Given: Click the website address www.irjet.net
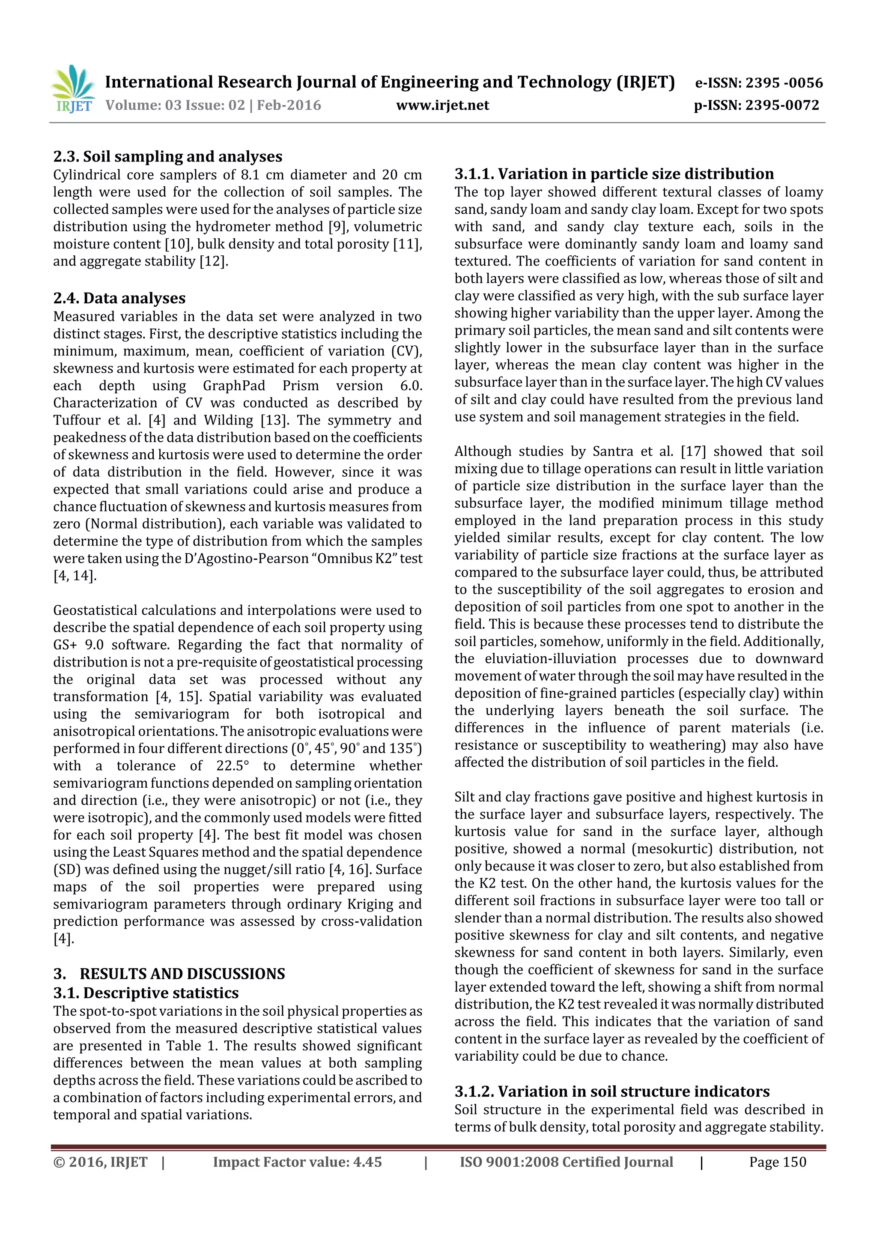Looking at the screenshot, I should (x=442, y=105).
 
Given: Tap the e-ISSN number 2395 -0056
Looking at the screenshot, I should (x=784, y=83).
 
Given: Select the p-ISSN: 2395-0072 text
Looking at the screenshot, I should (x=757, y=105).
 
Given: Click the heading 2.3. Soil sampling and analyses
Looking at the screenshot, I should (x=167, y=157).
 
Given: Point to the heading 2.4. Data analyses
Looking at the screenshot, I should (x=119, y=298).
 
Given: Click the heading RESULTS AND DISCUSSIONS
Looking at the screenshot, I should (x=182, y=974).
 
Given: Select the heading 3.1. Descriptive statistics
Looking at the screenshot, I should (x=146, y=993).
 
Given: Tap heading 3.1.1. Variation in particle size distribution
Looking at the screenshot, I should (x=614, y=174).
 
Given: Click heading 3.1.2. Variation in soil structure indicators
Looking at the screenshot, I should (x=612, y=1091).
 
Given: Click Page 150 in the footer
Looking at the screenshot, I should (x=777, y=1162).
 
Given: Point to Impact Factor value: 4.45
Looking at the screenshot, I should (x=297, y=1162).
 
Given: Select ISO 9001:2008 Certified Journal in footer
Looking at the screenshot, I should (x=566, y=1162).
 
